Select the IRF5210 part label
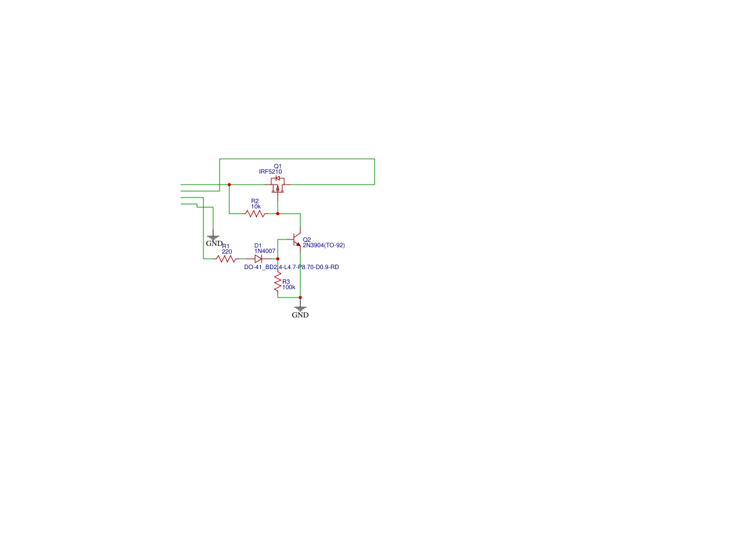point(270,172)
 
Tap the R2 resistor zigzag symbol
point(255,214)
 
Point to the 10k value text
point(256,206)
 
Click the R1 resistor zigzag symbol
point(226,259)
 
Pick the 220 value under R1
point(227,251)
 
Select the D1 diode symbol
point(258,259)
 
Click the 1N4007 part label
point(265,251)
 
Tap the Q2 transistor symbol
point(296,240)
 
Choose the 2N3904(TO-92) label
point(324,245)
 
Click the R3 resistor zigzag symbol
point(278,281)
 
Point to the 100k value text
point(289,287)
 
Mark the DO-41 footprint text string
point(291,266)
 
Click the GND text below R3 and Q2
point(300,316)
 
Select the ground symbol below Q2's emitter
point(300,308)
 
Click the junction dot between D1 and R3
point(278,258)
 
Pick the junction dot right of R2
point(278,213)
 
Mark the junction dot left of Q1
point(229,185)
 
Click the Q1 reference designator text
point(278,166)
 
